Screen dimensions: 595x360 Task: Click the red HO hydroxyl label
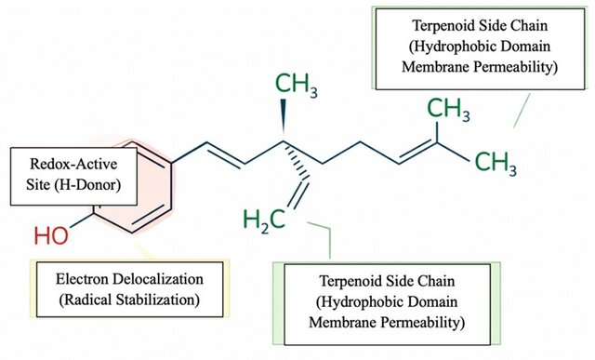point(51,235)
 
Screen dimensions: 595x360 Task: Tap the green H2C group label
point(264,220)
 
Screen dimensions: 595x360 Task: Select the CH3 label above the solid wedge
point(297,85)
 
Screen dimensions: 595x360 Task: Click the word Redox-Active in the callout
point(74,164)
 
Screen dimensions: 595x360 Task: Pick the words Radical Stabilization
point(129,300)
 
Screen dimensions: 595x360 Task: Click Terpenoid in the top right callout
point(443,26)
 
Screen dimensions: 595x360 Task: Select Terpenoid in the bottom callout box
point(350,281)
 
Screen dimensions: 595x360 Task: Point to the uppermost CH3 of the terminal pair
point(448,110)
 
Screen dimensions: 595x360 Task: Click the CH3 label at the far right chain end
point(496,164)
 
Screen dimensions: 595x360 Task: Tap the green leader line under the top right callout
point(522,111)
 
